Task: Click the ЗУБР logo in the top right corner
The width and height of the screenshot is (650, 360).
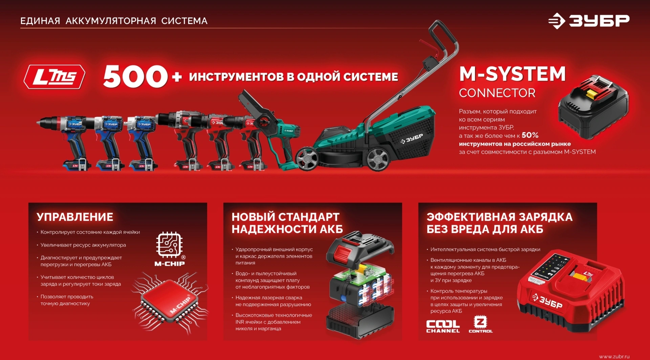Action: (x=589, y=21)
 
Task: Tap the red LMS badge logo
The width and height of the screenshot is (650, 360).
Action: (x=54, y=77)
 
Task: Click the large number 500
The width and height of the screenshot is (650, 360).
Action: (x=135, y=77)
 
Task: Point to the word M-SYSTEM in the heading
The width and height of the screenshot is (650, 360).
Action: (x=512, y=74)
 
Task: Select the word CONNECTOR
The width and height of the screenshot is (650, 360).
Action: (x=497, y=93)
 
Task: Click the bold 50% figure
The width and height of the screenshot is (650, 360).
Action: (x=530, y=135)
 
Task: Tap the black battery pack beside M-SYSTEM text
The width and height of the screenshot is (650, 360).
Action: (x=593, y=107)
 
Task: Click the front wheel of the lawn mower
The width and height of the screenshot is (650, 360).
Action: (x=307, y=158)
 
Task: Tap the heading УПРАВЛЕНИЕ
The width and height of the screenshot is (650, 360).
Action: (x=75, y=217)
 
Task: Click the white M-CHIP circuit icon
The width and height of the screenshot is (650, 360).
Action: (x=169, y=245)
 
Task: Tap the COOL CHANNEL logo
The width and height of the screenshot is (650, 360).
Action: (x=443, y=326)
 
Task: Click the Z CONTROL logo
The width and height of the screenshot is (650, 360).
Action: (x=480, y=324)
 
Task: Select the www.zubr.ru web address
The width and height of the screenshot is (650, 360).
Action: (x=614, y=356)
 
